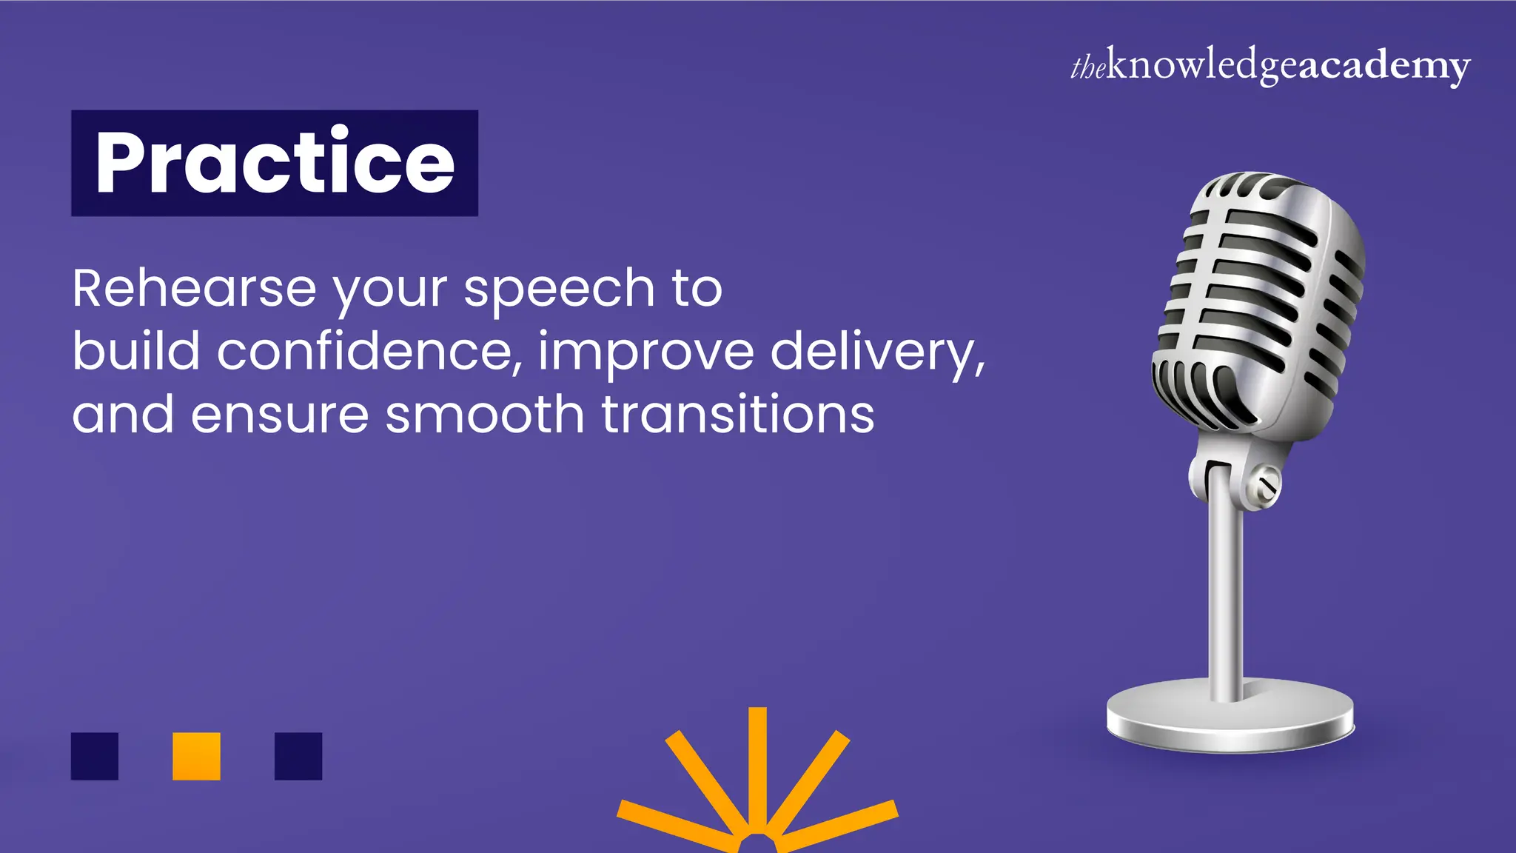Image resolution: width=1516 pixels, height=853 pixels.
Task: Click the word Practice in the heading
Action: [x=275, y=162]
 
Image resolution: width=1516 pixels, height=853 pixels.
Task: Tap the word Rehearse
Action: [x=194, y=288]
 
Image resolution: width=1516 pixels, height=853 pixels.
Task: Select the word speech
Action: [x=559, y=290]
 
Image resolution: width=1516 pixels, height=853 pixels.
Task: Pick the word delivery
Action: [x=877, y=352]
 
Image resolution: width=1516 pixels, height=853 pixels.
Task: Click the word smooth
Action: [x=485, y=414]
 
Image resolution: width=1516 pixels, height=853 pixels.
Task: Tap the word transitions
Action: [x=737, y=414]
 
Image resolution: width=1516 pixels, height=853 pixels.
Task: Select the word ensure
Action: [x=280, y=415]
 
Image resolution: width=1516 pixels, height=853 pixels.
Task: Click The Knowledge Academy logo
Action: [x=1270, y=66]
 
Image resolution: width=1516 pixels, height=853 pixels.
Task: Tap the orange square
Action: [x=196, y=756]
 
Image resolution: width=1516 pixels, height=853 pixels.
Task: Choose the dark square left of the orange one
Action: [x=95, y=756]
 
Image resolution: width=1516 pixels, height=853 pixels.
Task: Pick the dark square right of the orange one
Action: [x=298, y=756]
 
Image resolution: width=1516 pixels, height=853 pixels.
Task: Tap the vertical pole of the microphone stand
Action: [x=1225, y=592]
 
